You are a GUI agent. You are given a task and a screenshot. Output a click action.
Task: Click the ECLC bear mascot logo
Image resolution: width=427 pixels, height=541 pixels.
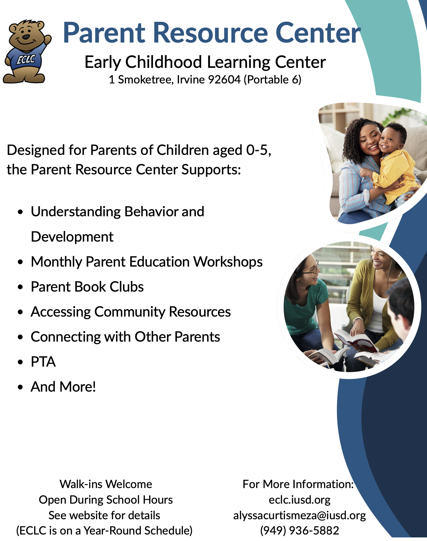click(x=27, y=51)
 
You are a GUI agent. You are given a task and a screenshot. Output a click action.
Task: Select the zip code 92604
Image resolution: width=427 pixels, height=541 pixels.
click(x=224, y=80)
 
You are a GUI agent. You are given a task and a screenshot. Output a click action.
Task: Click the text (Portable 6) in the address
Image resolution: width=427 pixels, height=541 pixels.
click(x=273, y=80)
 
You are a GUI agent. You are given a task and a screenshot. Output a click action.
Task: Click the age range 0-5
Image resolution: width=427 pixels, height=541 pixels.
click(x=258, y=150)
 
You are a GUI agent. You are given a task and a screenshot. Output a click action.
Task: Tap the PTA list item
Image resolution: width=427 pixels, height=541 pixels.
click(x=43, y=362)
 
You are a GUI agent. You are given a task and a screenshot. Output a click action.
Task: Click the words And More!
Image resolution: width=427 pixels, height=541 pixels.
click(x=63, y=387)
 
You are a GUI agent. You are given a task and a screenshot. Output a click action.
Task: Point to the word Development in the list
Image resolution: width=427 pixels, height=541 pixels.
click(x=72, y=237)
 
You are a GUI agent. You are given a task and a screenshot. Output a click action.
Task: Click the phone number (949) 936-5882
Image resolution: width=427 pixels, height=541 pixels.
click(x=300, y=531)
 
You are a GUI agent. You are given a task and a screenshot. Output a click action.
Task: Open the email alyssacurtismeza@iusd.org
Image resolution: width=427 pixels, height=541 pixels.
click(x=300, y=515)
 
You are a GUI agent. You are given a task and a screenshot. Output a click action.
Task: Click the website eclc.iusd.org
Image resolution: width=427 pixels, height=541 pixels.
click(x=300, y=500)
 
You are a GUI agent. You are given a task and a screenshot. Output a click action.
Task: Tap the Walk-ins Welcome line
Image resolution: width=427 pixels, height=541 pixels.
click(x=106, y=484)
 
